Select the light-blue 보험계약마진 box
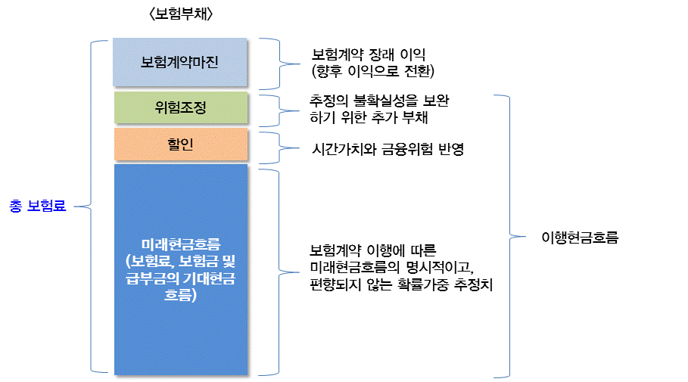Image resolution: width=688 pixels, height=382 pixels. [x=180, y=62]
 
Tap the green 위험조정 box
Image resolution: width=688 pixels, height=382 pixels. [x=180, y=107]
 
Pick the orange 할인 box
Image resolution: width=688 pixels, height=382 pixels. [x=180, y=144]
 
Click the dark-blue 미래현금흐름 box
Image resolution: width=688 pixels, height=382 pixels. [x=180, y=269]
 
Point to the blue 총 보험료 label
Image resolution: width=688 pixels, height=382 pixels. [x=38, y=206]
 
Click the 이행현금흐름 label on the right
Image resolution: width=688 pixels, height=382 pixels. [x=581, y=237]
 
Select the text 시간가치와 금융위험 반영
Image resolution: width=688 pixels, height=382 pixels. [x=388, y=149]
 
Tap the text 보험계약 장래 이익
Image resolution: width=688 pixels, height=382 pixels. [x=370, y=55]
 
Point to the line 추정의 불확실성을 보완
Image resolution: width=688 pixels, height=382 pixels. [x=384, y=101]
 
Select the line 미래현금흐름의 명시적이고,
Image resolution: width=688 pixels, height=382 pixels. [x=393, y=268]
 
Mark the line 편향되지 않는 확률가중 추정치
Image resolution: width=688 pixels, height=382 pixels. [x=402, y=285]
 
